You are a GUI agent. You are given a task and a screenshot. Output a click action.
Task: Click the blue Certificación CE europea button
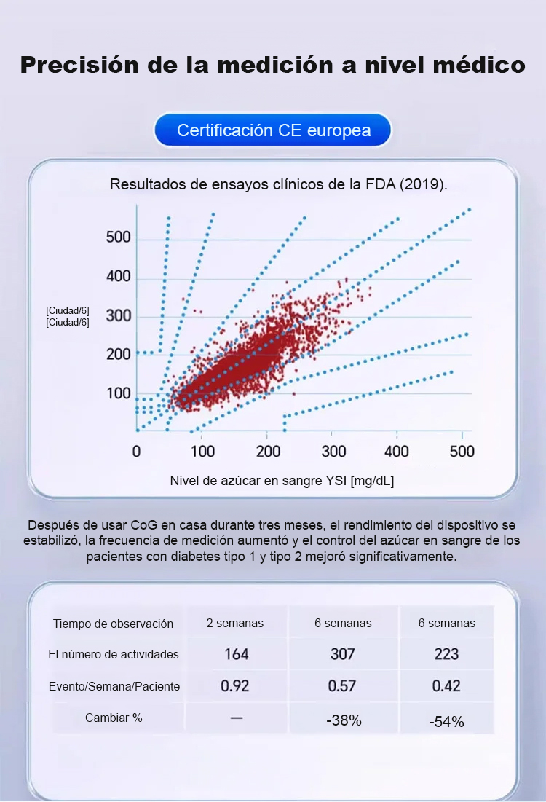[273, 131]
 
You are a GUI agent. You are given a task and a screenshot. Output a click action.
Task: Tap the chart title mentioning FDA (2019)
[278, 184]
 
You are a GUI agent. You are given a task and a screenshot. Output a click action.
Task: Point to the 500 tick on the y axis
[118, 237]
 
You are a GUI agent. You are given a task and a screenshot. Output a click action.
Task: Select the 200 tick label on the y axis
[118, 355]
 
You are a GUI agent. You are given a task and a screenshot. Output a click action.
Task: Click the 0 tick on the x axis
[137, 451]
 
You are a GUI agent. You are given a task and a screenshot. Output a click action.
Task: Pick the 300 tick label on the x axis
[333, 451]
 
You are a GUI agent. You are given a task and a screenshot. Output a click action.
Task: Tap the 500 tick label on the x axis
[462, 451]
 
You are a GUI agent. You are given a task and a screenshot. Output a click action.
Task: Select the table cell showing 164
[236, 654]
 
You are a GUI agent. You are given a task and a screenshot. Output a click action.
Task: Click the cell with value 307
[342, 654]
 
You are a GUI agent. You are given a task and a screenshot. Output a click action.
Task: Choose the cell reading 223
[446, 654]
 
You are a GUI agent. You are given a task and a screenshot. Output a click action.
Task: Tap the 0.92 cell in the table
[236, 686]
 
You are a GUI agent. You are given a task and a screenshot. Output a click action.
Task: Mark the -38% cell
[344, 720]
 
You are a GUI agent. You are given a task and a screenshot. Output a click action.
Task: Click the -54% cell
[446, 721]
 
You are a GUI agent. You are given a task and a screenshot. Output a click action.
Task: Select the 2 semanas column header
[234, 623]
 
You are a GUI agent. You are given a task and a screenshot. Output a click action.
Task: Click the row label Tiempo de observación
[113, 624]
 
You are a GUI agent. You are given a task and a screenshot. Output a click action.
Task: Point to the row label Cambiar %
[114, 718]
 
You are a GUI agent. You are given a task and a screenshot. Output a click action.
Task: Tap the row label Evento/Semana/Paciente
[114, 686]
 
